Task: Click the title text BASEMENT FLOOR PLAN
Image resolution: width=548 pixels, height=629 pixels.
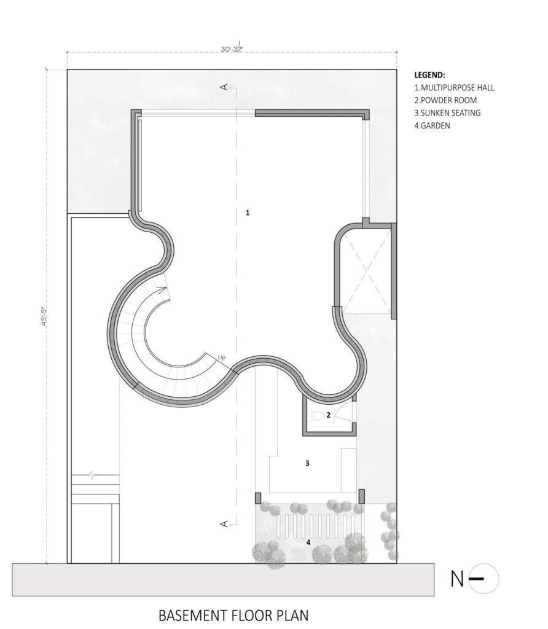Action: pos(233,614)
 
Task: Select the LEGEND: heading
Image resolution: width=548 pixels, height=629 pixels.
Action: pos(433,74)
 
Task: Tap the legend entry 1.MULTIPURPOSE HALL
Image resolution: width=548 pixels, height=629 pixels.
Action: pos(455,87)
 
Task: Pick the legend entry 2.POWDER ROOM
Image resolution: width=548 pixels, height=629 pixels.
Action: pos(445,100)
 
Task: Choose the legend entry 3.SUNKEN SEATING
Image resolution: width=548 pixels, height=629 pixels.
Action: pos(447,113)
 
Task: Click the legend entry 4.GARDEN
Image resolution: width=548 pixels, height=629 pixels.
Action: pos(433,126)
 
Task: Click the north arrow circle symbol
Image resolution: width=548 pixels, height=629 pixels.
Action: pos(483,579)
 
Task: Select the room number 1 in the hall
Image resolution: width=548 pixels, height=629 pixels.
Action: pos(248,213)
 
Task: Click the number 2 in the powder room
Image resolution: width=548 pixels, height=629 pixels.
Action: pos(328,415)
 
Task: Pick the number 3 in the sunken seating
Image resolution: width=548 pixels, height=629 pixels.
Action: pos(307,463)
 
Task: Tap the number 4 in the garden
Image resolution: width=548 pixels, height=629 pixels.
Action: pos(309,542)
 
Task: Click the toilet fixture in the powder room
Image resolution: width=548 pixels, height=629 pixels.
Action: pos(316,415)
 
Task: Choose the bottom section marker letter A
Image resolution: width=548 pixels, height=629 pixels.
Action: pos(224,523)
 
